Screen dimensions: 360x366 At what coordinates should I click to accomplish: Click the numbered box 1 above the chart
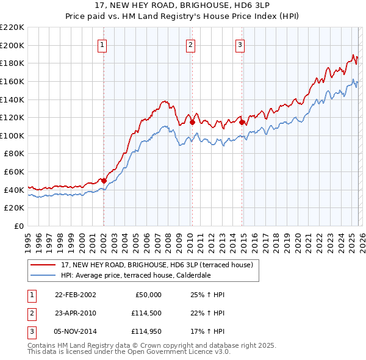point(102,45)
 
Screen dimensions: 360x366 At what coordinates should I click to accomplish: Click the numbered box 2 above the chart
point(190,45)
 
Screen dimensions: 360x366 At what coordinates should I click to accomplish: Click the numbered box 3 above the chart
point(240,45)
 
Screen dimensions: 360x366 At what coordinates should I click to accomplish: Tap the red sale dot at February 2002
point(104,181)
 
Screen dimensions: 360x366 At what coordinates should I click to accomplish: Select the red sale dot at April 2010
point(192,122)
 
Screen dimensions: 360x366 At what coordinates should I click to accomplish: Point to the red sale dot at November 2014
point(242,122)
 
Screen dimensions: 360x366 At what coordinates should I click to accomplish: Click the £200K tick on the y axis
point(13,45)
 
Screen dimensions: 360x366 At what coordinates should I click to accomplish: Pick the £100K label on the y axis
point(13,135)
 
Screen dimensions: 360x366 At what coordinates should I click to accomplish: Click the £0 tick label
point(18,226)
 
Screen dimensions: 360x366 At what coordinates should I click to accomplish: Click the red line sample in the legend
point(43,264)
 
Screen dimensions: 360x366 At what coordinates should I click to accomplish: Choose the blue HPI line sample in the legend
point(43,275)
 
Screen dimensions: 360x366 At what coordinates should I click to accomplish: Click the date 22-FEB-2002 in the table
point(75,295)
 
